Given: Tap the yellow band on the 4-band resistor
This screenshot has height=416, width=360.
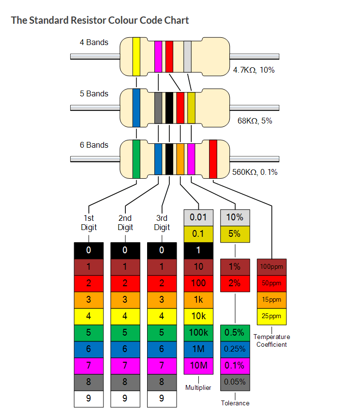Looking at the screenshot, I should tap(136, 57).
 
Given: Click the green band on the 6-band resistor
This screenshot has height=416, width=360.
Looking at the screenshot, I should tap(136, 158).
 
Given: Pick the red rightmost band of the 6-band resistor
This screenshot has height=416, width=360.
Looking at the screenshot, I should tap(213, 159).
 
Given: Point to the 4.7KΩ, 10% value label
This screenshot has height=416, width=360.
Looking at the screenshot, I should tap(254, 70).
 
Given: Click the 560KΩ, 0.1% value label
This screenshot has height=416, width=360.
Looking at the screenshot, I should tap(255, 172).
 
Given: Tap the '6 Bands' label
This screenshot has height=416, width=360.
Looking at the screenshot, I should tap(94, 145).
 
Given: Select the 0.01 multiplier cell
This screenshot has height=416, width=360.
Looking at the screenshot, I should tap(198, 217).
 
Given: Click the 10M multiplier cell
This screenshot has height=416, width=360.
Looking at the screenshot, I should tap(198, 365).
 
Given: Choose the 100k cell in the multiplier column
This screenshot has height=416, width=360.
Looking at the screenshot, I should tap(198, 332).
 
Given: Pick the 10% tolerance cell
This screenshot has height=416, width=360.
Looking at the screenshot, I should tap(235, 217).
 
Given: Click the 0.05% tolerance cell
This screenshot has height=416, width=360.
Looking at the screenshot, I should tap(235, 382).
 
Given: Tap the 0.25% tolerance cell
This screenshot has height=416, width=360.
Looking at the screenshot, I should tap(235, 349).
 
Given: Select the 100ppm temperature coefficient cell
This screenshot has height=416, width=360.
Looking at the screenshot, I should tap(271, 266).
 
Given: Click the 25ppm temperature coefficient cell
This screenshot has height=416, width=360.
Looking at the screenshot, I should tap(271, 316).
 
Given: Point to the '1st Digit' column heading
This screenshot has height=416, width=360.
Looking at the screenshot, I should tap(89, 223).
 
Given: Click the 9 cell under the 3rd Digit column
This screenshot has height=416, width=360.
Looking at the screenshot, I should tap(162, 398).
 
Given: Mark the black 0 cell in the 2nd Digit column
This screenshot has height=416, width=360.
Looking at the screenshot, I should tap(125, 250).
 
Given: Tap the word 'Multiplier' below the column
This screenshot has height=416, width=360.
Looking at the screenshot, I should tap(198, 388).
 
